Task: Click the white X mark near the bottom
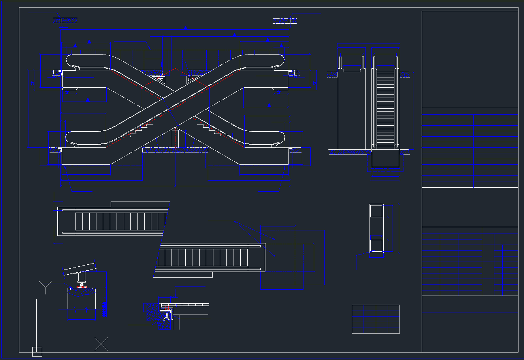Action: pos(101,344)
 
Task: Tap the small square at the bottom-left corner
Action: pos(37,352)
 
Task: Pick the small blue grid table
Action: pos(375,319)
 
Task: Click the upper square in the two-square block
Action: pos(376,211)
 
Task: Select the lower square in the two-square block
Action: pos(376,246)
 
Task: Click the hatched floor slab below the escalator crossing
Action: pos(175,150)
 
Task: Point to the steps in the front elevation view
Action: pos(385,107)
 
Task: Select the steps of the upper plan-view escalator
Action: pos(119,222)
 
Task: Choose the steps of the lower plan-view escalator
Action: pos(202,258)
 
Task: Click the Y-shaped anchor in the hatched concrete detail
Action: pos(168,316)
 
